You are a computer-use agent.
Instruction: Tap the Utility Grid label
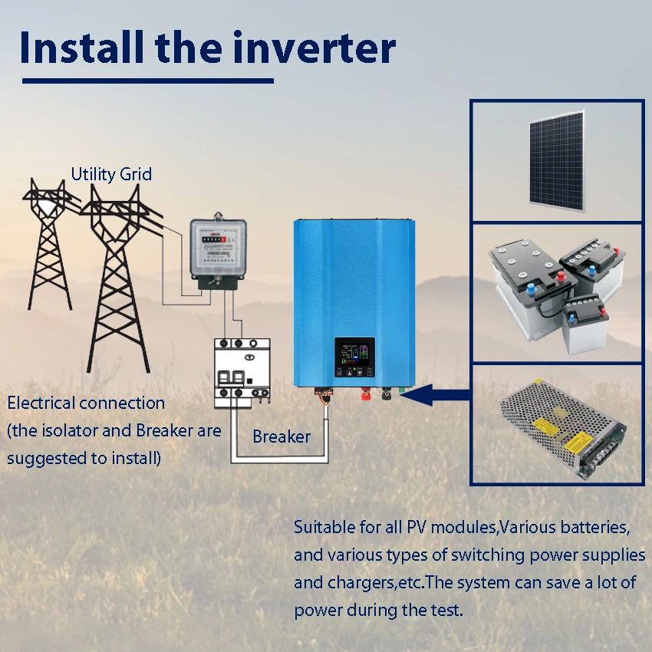coord(111,174)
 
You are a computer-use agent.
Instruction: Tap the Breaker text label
coord(282,436)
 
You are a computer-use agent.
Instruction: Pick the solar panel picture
coord(556,161)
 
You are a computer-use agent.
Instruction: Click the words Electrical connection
coord(86,403)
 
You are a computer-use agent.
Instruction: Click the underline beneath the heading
coord(147,80)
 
